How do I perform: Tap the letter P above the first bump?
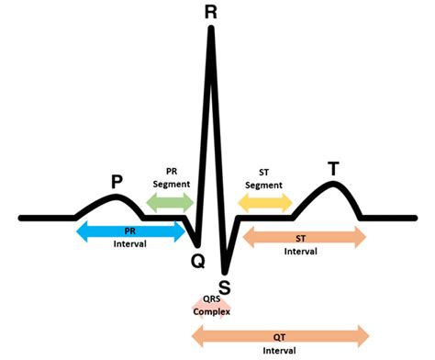[x=117, y=182]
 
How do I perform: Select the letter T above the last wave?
[x=332, y=168]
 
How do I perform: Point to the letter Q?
[x=197, y=260]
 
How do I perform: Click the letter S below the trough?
[x=225, y=287]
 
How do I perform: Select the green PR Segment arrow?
[x=169, y=204]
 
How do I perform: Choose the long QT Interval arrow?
[x=280, y=334]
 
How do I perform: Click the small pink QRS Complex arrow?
[x=211, y=303]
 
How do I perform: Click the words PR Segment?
[x=172, y=177]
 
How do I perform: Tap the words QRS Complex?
[x=211, y=304]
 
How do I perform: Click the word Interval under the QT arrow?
[x=280, y=351]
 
